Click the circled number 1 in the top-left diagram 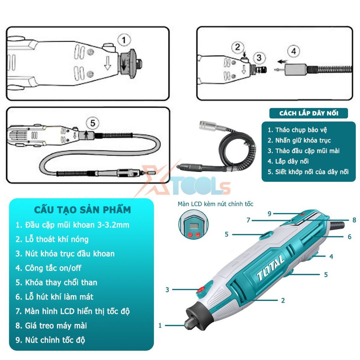[124, 40]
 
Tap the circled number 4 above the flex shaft [294, 51]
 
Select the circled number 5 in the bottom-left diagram [92, 123]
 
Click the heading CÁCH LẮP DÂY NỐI [309, 113]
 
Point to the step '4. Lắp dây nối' [288, 161]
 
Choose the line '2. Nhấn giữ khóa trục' [299, 140]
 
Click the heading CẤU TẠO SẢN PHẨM [82, 210]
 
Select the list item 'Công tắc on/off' [53, 268]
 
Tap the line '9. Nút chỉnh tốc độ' [50, 340]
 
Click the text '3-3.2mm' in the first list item [113, 225]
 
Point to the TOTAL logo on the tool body [270, 268]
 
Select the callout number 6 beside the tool [349, 237]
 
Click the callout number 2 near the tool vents [283, 300]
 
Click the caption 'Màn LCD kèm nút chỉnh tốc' [216, 204]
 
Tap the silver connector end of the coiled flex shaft [208, 126]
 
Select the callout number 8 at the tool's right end [354, 220]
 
